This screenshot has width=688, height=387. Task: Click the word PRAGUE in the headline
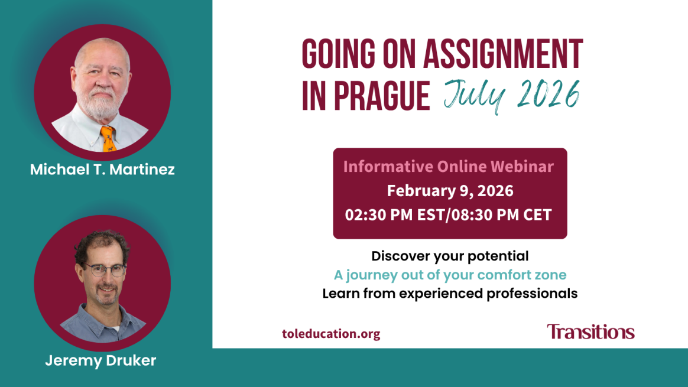[382, 96]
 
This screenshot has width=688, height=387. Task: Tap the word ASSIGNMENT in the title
[503, 54]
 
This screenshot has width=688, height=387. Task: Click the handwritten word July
[475, 96]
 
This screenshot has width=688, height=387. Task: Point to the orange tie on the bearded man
[108, 139]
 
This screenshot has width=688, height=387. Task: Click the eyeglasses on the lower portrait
[105, 269]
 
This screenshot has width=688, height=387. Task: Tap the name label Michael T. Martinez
[102, 170]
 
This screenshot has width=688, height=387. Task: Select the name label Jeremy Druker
[100, 360]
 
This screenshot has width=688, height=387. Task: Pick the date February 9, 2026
[450, 191]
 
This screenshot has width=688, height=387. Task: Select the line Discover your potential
[450, 256]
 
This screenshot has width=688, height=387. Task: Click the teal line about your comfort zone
[450, 275]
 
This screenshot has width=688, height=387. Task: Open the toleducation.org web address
[331, 334]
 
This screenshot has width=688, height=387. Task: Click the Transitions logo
[590, 331]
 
